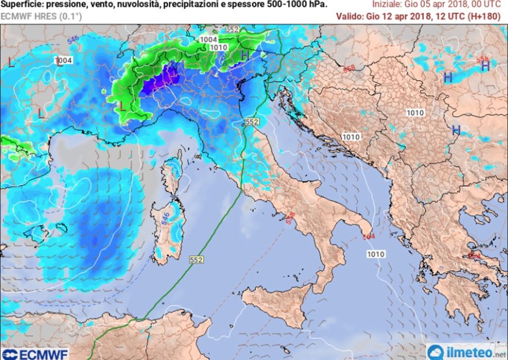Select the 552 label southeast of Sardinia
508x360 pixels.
(196, 259)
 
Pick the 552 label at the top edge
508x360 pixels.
(232, 30)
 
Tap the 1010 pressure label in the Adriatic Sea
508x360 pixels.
(351, 137)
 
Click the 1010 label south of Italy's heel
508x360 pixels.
(376, 254)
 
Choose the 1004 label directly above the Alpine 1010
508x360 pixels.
(209, 40)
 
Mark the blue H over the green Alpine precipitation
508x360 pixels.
(245, 55)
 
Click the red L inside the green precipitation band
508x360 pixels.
(122, 106)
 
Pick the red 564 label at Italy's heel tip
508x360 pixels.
(368, 237)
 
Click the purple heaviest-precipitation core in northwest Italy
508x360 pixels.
(167, 79)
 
